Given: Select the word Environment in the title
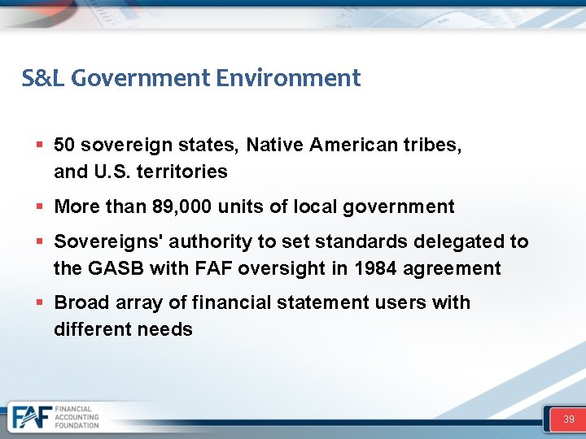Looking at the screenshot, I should point(288,78).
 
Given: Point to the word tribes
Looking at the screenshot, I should point(433,146).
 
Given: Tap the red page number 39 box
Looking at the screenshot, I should point(568,419).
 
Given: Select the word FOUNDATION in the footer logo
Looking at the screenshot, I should point(77,425).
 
